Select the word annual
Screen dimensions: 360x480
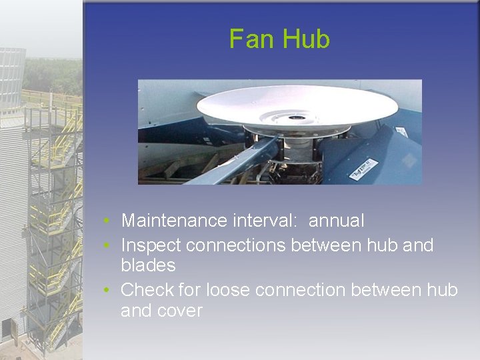pyautogui.click(x=337, y=221)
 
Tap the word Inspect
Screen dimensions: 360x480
pyautogui.click(x=151, y=245)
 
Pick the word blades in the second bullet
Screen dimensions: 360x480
pyautogui.click(x=148, y=265)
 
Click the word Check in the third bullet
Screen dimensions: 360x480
pyautogui.click(x=147, y=290)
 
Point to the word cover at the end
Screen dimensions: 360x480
pyautogui.click(x=180, y=311)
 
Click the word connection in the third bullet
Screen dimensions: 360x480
pyautogui.click(x=301, y=290)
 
